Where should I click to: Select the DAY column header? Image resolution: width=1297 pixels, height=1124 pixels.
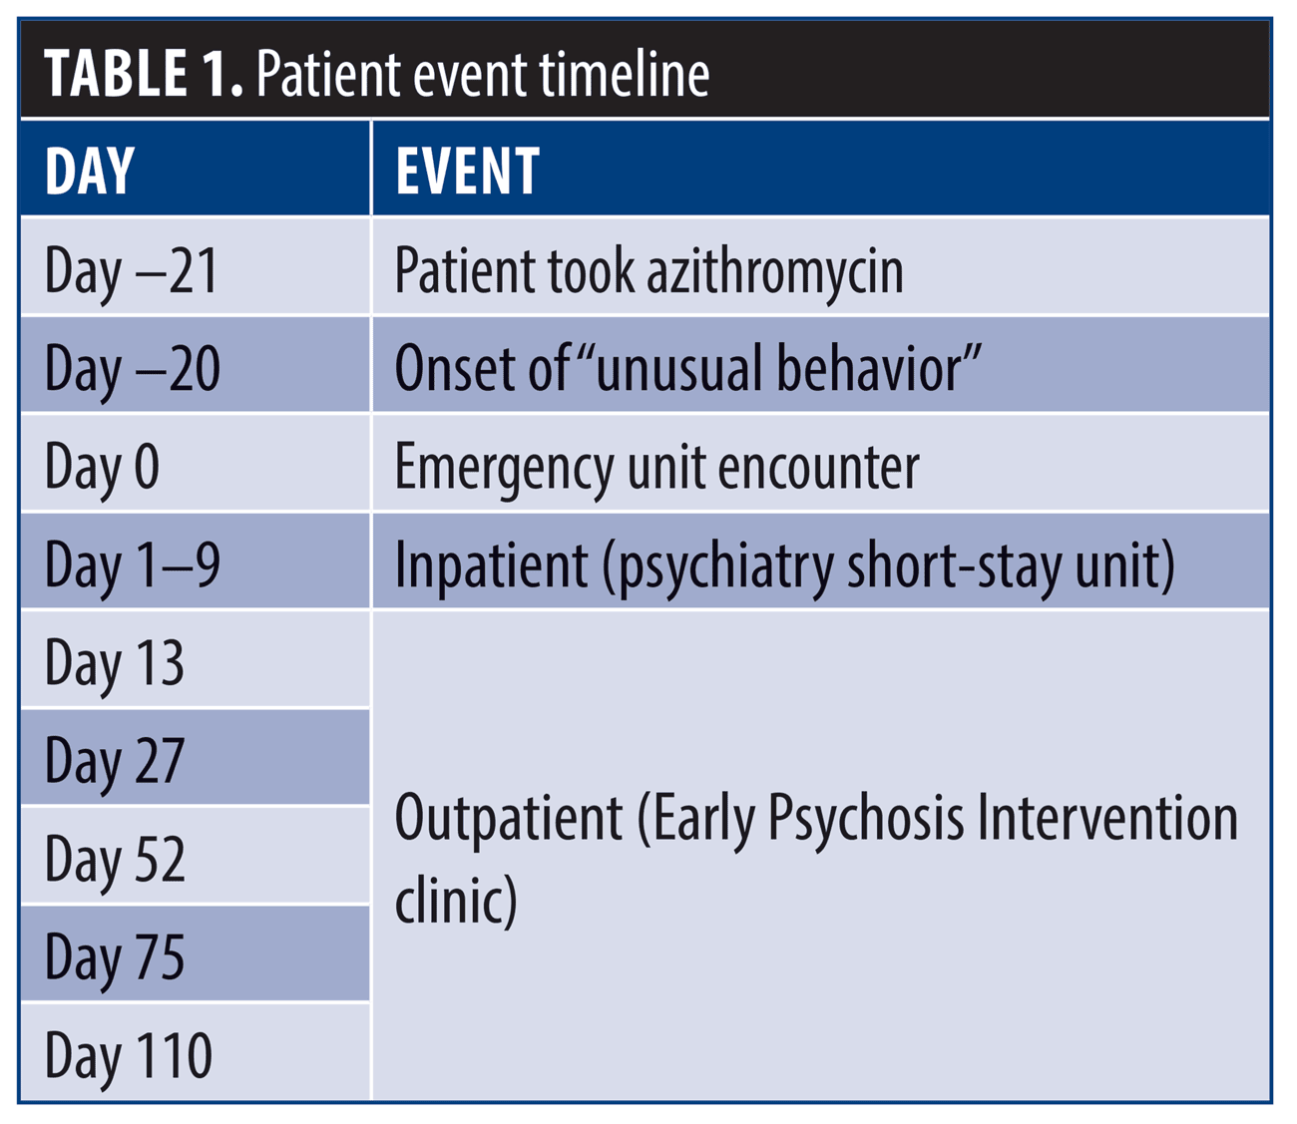click(90, 171)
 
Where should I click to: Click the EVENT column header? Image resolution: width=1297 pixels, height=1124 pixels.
click(467, 171)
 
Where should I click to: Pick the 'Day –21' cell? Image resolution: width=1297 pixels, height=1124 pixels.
click(132, 270)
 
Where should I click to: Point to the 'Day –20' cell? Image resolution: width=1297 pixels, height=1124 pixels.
click(133, 368)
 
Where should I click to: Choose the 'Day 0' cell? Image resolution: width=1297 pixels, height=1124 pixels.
click(102, 467)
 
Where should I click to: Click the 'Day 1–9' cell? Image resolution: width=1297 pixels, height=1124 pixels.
click(133, 564)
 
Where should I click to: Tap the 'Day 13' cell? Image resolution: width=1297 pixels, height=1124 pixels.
click(115, 663)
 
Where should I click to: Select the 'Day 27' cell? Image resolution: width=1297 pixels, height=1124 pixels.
click(115, 761)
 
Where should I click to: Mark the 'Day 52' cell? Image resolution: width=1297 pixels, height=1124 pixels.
click(115, 859)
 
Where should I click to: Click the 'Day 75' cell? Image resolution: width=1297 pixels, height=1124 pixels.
click(115, 956)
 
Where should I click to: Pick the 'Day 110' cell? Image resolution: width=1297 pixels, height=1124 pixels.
click(129, 1055)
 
